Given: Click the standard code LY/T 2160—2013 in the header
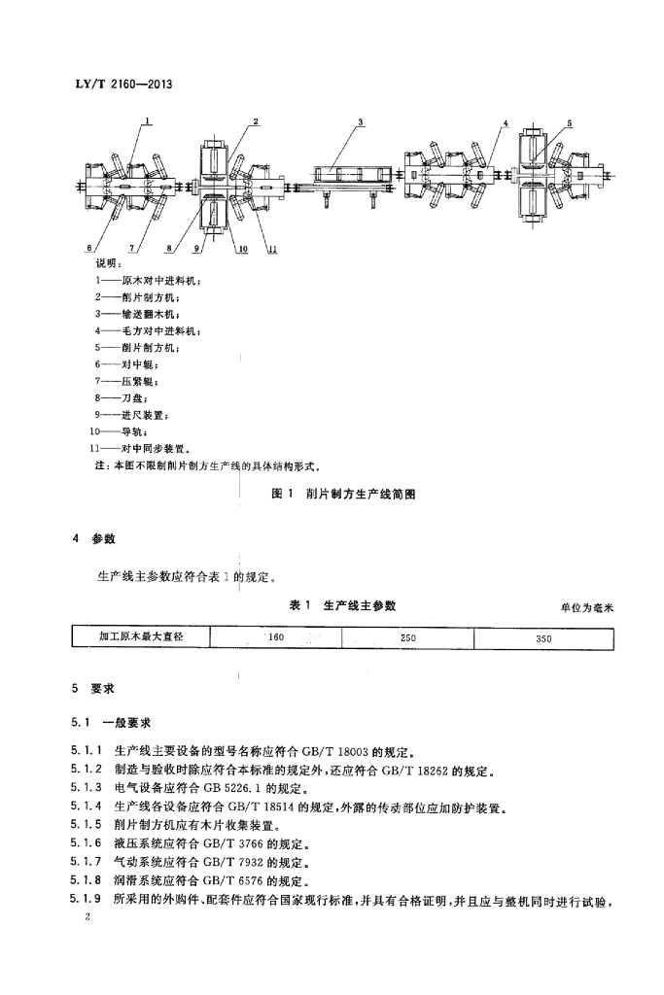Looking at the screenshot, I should pyautogui.click(x=124, y=85).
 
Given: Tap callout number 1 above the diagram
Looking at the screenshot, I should pyautogui.click(x=148, y=121).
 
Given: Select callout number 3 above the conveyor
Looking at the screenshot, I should pyautogui.click(x=360, y=122).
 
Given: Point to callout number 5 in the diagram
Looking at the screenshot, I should pyautogui.click(x=570, y=122).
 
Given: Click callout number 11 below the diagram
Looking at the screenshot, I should pyautogui.click(x=272, y=250).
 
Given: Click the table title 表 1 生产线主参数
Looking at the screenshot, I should pyautogui.click(x=343, y=604).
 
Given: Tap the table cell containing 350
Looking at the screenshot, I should pyautogui.click(x=543, y=639).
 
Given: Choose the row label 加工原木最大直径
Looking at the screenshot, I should pyautogui.click(x=141, y=638).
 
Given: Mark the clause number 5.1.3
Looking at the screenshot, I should pyautogui.click(x=87, y=787).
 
